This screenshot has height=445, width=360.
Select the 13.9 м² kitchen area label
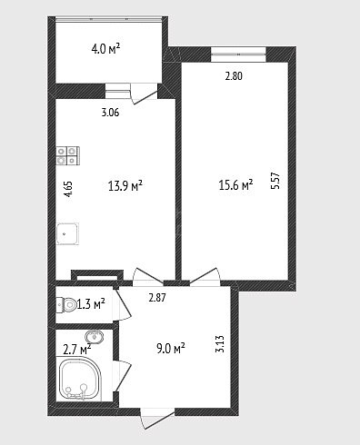(x=125, y=186)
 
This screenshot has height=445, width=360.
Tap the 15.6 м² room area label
(x=235, y=184)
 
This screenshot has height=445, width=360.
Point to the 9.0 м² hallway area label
(x=171, y=349)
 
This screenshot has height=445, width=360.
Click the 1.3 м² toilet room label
(x=91, y=304)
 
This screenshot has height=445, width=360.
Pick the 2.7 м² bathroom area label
(x=77, y=350)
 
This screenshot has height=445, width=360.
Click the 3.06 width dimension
(x=110, y=113)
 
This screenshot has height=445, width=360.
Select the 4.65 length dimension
(x=69, y=189)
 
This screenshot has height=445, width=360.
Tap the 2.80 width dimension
(x=234, y=76)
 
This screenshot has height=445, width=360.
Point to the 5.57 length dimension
(x=275, y=181)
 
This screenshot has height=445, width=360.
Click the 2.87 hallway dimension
(x=157, y=298)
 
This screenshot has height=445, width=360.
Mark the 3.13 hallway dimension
(x=220, y=344)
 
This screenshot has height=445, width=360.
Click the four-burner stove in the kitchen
(x=68, y=156)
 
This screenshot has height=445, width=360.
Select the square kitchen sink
(x=67, y=234)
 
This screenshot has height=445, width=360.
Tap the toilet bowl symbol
(x=66, y=304)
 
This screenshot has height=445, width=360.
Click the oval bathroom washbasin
(x=95, y=337)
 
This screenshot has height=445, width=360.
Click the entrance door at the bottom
(x=157, y=419)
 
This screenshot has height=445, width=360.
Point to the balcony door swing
(x=144, y=94)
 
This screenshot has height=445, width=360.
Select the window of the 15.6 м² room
(x=238, y=54)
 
